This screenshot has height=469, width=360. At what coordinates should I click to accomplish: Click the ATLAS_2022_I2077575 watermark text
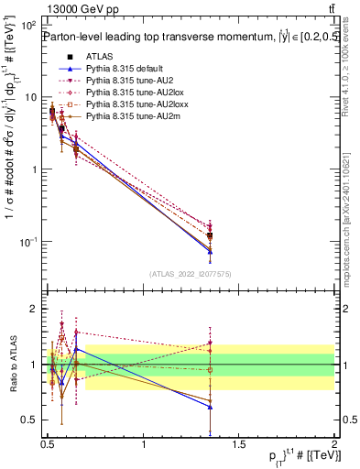click(189, 274)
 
